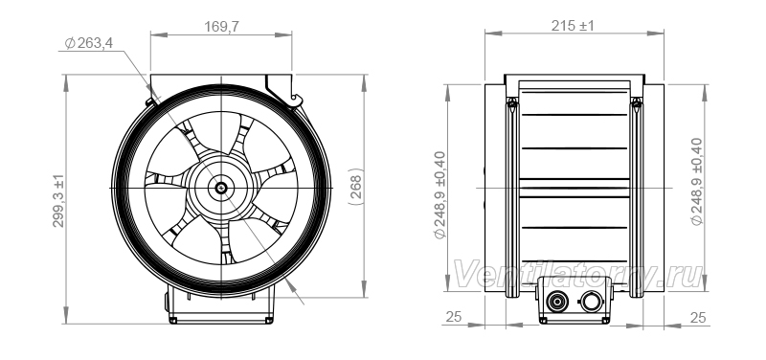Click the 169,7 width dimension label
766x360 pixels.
point(221,27)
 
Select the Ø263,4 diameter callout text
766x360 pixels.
point(88,43)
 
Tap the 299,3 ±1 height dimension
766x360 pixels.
point(58,200)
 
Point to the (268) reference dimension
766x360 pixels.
point(356,187)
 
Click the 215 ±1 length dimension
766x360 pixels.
point(573,26)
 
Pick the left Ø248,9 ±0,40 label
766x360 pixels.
point(440,195)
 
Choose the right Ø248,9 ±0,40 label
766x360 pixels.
point(697,182)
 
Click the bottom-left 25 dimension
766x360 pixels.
point(453,317)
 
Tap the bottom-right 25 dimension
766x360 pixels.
point(698,318)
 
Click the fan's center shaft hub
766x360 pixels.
point(221,188)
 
